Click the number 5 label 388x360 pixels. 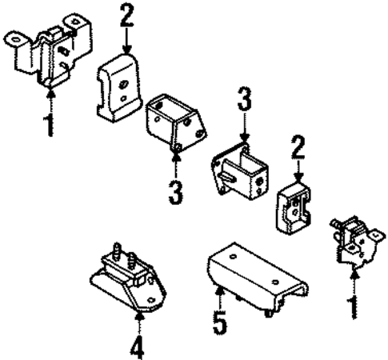(221, 322)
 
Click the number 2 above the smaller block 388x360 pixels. (298, 147)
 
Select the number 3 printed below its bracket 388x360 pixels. (176, 192)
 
